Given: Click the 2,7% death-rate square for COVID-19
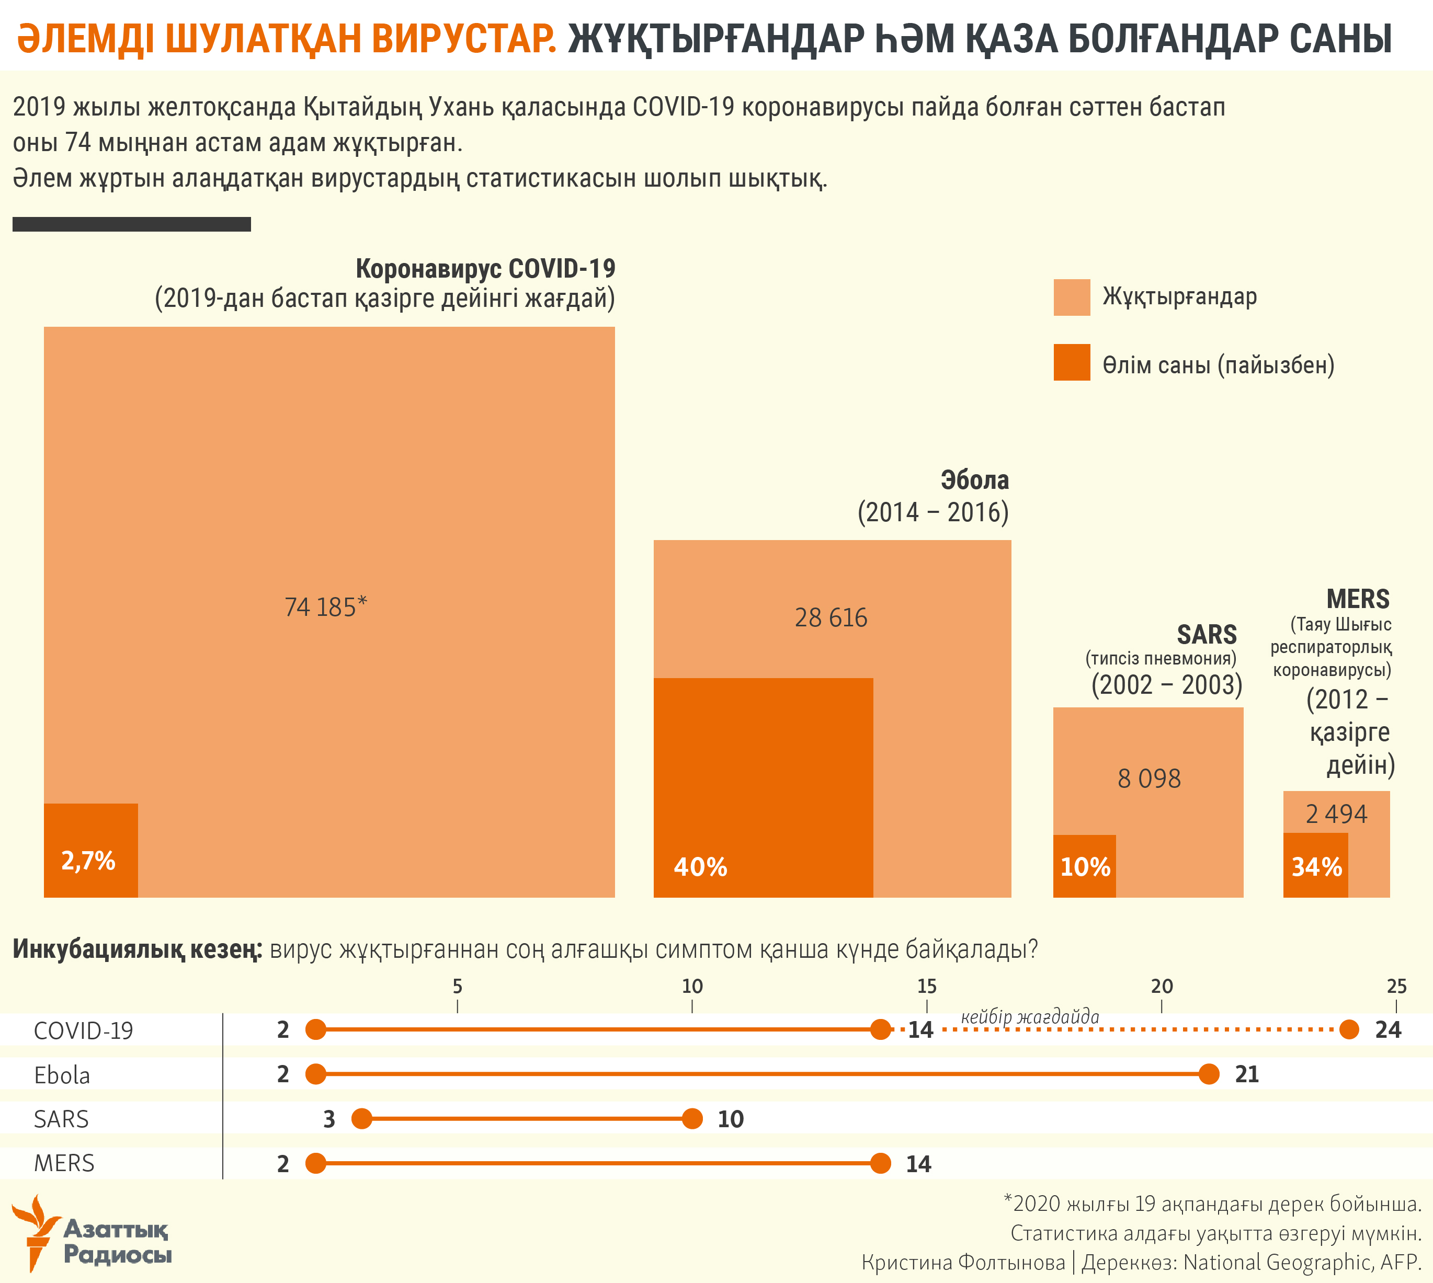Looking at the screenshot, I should tap(90, 850).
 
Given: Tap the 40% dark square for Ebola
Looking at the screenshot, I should tap(763, 787).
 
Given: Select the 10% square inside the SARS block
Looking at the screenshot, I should tap(1084, 866).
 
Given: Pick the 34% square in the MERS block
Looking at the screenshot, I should tap(1315, 865).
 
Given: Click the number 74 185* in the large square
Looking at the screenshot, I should tap(325, 607).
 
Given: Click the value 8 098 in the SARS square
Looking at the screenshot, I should tap(1149, 778).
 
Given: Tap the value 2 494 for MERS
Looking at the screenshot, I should tap(1336, 814).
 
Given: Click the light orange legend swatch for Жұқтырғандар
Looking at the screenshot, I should tap(1071, 297).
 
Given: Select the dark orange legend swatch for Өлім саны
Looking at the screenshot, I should tap(1071, 362).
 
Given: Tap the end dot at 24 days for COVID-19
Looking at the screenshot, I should tap(1348, 1029).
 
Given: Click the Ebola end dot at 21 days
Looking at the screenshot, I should tap(1209, 1074).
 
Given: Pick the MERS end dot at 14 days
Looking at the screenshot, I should tap(880, 1163).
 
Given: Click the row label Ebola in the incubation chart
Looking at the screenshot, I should tap(62, 1075).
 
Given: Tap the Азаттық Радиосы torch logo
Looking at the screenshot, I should tap(35, 1232).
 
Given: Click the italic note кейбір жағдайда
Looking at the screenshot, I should tap(1030, 1016).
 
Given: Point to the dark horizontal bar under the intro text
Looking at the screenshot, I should tap(132, 224).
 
